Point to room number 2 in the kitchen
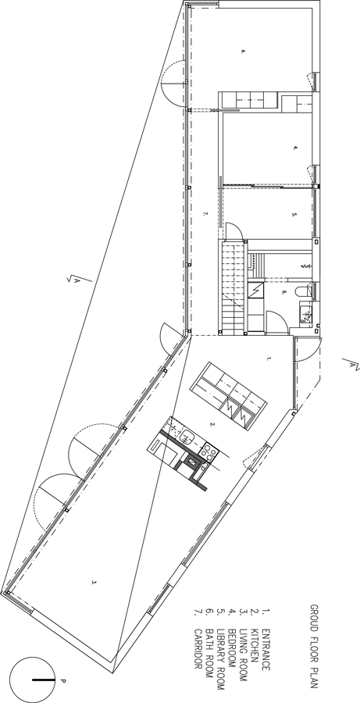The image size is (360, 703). pos(210,425)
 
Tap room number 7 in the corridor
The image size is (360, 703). pos(204,212)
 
